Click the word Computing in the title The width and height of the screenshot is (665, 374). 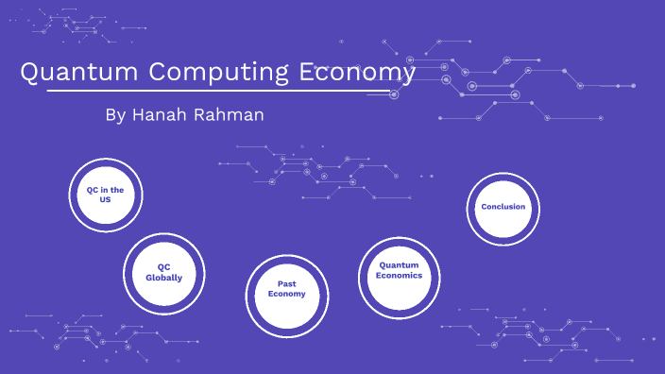(x=213, y=72)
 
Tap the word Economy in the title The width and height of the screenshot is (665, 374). (x=357, y=72)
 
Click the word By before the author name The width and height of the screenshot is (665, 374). (x=114, y=115)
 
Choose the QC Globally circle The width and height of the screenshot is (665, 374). (x=164, y=272)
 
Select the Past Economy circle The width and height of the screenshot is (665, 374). (x=286, y=289)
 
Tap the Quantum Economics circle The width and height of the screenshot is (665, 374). (x=398, y=271)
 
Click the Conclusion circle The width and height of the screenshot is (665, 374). (x=503, y=207)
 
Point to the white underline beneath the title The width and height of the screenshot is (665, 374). (x=217, y=92)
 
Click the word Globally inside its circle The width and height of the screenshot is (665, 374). (x=164, y=278)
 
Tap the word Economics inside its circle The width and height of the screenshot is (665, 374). (x=398, y=276)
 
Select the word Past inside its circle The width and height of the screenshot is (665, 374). (x=287, y=283)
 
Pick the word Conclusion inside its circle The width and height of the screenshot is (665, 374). (x=503, y=207)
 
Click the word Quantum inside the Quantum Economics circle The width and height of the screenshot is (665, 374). (x=398, y=265)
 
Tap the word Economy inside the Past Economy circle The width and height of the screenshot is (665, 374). (x=287, y=294)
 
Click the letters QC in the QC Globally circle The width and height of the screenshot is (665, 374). (x=164, y=266)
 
